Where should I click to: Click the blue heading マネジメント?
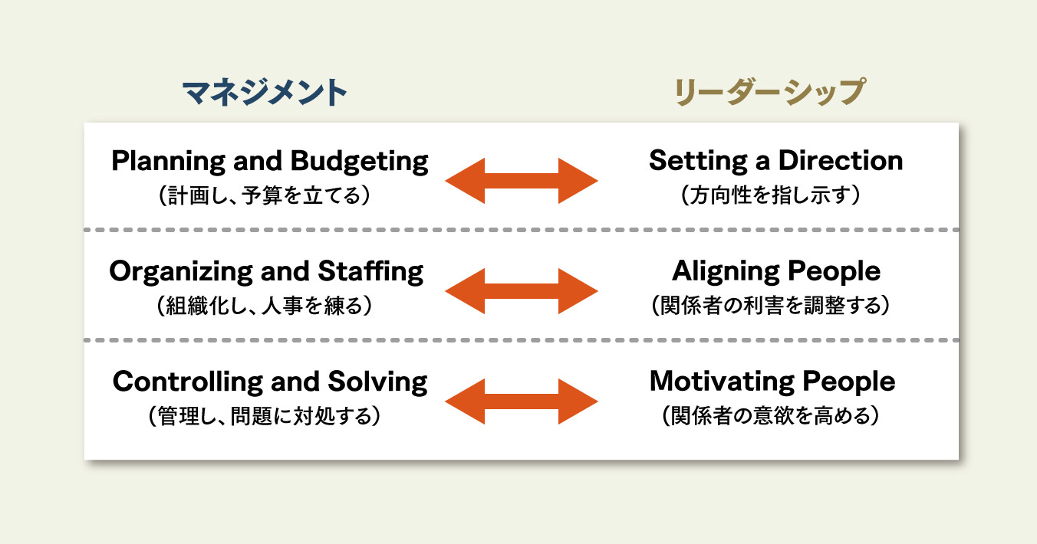(265, 93)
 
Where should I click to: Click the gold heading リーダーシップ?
(769, 92)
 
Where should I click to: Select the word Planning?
(168, 162)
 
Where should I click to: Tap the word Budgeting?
(359, 162)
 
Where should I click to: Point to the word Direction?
(841, 160)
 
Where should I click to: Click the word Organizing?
(181, 272)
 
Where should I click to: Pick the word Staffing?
(370, 271)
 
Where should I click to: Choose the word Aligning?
(726, 271)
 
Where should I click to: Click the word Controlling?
(187, 382)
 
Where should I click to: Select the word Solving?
(378, 382)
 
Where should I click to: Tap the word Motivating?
(722, 382)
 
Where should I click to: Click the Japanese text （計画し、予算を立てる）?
(265, 195)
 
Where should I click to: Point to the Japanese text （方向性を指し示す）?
(771, 195)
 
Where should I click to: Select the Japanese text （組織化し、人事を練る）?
(265, 305)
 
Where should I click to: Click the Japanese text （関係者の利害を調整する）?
(770, 305)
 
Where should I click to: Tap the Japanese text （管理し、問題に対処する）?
(265, 416)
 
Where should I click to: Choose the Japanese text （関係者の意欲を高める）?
(771, 415)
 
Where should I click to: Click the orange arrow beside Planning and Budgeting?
(522, 181)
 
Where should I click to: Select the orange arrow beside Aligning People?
(522, 291)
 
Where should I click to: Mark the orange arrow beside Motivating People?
(522, 401)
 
